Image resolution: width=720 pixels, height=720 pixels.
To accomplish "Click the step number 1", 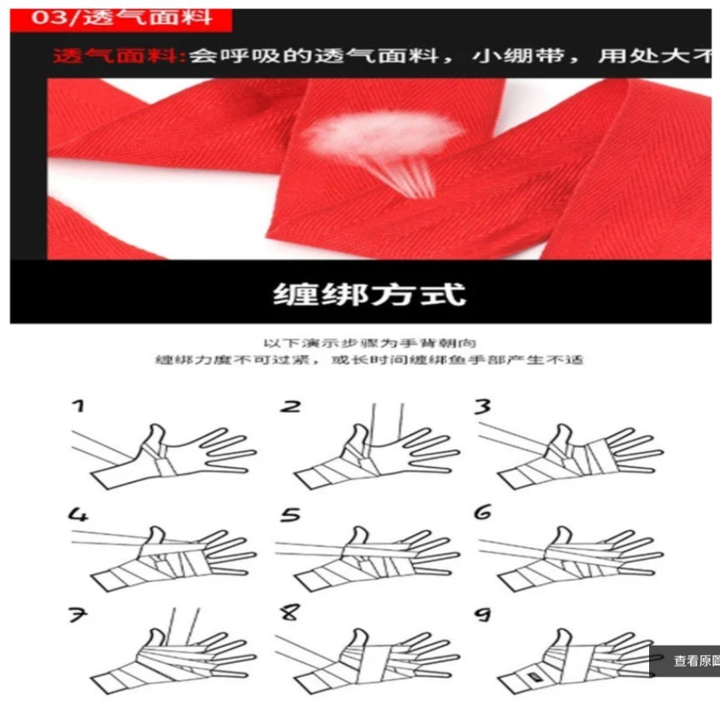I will (x=77, y=406).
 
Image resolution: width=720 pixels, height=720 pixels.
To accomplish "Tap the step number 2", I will (x=290, y=406).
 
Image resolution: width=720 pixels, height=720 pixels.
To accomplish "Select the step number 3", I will (x=482, y=406).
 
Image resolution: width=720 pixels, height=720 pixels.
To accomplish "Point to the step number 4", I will (x=78, y=515).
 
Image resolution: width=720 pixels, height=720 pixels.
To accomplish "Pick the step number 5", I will (x=290, y=515).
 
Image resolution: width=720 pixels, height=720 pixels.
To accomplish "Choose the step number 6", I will (x=482, y=513).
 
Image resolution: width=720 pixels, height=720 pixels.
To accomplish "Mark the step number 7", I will (x=77, y=615).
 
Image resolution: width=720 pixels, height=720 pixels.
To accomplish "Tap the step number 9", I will (x=482, y=615).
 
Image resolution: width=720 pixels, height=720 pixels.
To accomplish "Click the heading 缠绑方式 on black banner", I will (x=369, y=294).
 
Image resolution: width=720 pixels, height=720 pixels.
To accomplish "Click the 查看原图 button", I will (x=692, y=661).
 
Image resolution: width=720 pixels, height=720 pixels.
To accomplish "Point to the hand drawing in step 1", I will (x=167, y=455).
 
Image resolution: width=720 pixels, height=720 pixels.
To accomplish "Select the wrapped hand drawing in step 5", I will (x=367, y=555).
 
